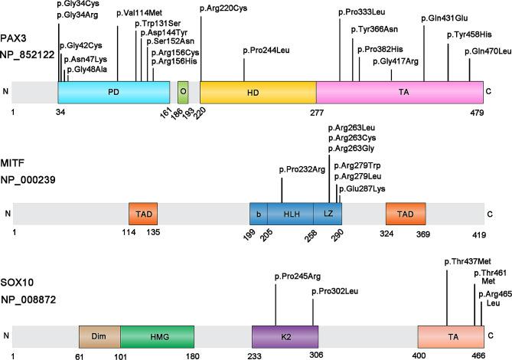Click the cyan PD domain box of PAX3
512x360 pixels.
point(113,92)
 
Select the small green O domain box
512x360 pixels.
point(182,92)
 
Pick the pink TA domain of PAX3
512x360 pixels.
point(403,92)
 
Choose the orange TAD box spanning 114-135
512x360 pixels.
point(143,214)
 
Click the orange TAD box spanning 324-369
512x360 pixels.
point(405,214)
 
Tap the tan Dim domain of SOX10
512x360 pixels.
point(99,335)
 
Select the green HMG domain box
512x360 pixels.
point(156,335)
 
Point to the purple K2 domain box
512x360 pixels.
point(285,335)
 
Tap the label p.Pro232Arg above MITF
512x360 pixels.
point(305,169)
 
